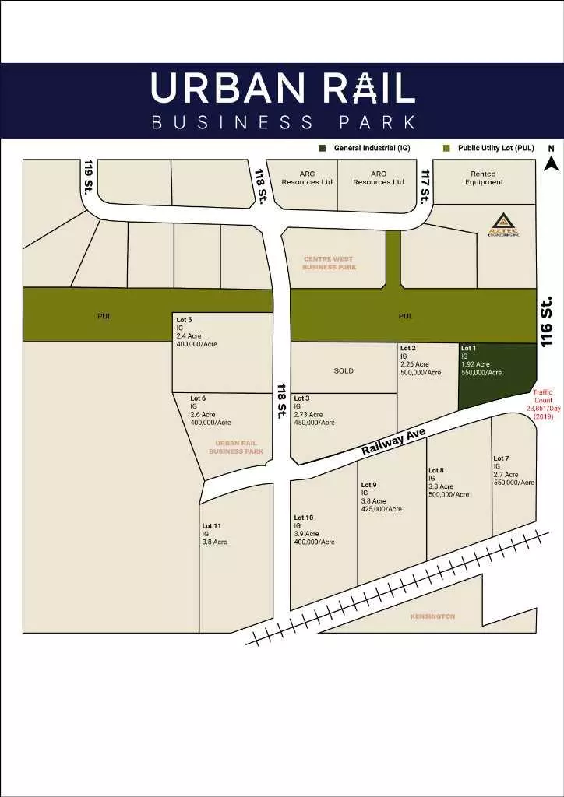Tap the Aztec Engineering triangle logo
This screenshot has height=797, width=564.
coord(498,226)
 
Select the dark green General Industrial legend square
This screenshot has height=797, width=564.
coord(322,148)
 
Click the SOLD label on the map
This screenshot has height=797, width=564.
coord(344,371)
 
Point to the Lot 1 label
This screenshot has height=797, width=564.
coord(469,348)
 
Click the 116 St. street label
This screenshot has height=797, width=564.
coord(548,321)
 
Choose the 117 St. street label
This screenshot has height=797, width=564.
coord(425,187)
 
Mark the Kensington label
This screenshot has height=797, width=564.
coord(432,616)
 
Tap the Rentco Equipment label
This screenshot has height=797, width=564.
coord(484,178)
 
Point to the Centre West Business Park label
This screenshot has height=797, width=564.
coord(329,262)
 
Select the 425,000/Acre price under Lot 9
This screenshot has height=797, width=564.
coord(381,509)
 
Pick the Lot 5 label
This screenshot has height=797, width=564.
coord(184,320)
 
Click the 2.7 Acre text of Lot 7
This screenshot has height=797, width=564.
coord(506,474)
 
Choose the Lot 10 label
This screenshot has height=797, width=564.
coord(304,518)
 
